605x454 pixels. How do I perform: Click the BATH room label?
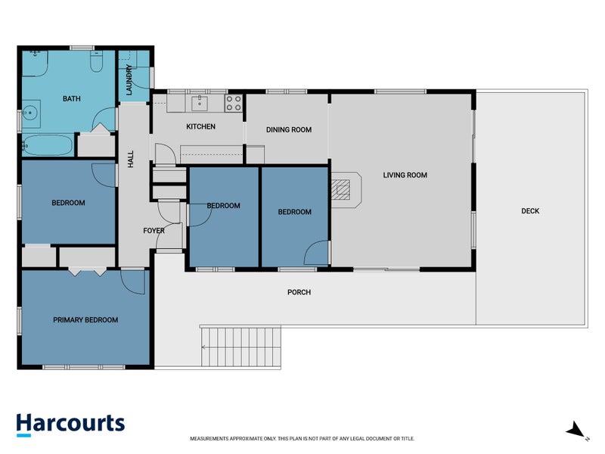72,99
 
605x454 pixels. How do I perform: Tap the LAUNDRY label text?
129,80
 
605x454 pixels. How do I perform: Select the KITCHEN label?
200,126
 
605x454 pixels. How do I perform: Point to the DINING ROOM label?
289,129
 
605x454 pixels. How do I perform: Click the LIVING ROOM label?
405,176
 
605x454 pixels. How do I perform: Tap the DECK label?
530,211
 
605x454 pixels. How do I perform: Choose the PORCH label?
299,292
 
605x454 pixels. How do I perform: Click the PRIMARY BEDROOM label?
85,320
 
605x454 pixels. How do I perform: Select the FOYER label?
154,231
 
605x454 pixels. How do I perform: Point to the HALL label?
131,159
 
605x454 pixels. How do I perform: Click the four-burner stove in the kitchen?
234,103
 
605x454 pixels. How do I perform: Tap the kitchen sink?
200,104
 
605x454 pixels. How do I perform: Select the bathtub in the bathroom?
48,145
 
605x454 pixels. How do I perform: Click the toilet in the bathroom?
97,61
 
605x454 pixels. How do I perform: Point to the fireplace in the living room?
346,190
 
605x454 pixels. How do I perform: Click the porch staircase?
240,347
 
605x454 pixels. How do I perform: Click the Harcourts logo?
70,424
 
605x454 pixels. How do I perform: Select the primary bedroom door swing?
133,282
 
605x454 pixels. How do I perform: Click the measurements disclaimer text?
302,439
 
